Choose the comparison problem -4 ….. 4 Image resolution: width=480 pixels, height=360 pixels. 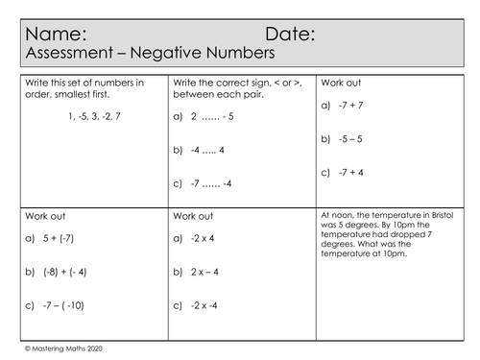coord(206,150)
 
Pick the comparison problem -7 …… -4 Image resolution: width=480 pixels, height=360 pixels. coord(209,183)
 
